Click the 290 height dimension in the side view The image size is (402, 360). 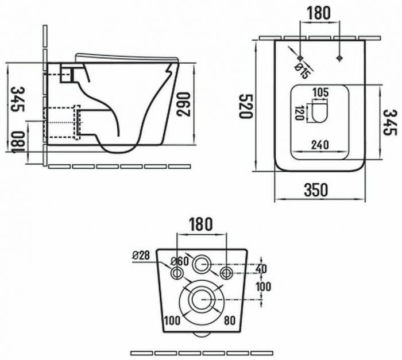[x=184, y=104]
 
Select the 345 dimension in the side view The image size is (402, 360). [x=18, y=99]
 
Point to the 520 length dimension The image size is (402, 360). [x=246, y=106]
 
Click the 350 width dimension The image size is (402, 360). [x=316, y=189]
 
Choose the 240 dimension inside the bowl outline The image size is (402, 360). [x=320, y=145]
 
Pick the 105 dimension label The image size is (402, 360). [x=320, y=92]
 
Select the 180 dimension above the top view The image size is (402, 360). [x=318, y=13]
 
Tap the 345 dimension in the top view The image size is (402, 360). [x=390, y=122]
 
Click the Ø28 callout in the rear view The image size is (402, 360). [x=141, y=256]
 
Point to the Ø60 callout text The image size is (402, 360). [x=180, y=262]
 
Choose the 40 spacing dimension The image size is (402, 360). [x=261, y=269]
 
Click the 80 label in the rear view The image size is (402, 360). [x=230, y=320]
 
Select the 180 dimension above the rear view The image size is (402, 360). [x=201, y=224]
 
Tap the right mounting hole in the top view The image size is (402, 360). [x=340, y=58]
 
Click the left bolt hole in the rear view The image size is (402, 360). [x=177, y=273]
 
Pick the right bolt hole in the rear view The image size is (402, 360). [x=227, y=273]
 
